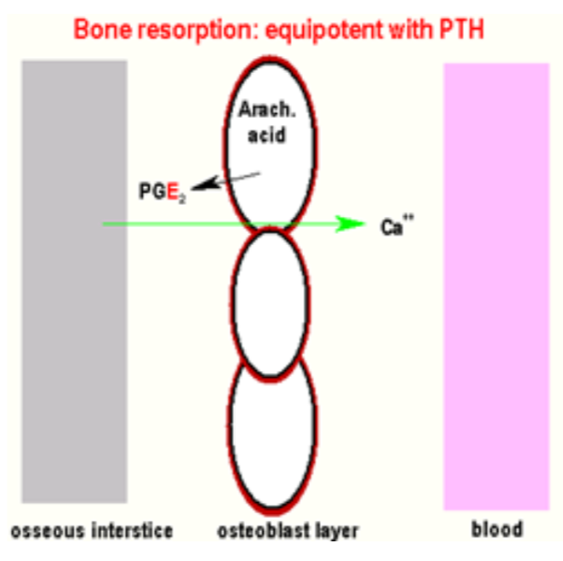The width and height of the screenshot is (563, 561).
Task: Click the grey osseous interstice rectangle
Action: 74,280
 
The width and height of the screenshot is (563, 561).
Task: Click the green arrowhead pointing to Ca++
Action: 354,223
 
